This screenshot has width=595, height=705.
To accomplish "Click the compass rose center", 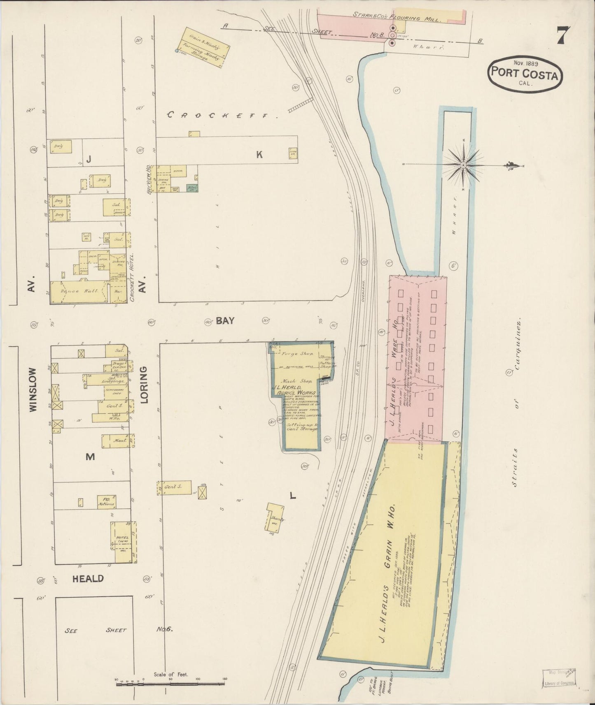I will pos(463,165).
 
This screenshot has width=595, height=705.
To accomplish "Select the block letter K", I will pos(259,154).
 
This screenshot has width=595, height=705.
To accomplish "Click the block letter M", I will pos(90,456).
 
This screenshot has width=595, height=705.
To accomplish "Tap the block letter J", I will pos(88,160).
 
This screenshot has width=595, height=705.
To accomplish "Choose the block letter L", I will pos(293,496).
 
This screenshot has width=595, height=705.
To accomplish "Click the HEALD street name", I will pos(88,578).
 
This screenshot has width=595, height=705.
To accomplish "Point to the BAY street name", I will pos(225,320).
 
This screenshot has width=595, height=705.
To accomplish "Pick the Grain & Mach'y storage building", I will pos(203,47).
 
